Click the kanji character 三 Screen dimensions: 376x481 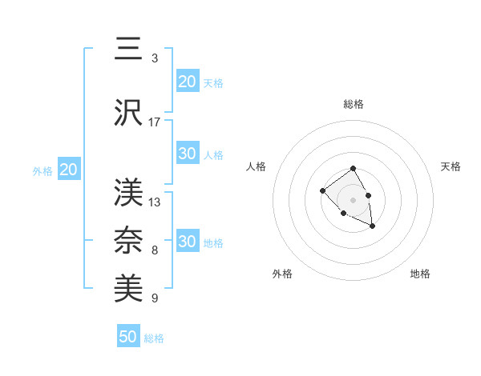coord(128,50)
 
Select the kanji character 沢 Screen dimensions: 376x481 coord(128,114)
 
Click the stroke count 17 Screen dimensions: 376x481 coord(155,122)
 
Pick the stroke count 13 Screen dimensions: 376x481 coord(155,202)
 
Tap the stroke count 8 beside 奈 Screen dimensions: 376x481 coord(155,250)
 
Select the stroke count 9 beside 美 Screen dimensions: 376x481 coord(155,298)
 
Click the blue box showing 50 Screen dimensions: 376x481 coord(128,337)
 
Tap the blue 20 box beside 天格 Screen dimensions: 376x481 coord(187,82)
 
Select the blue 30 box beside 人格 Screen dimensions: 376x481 coord(187,154)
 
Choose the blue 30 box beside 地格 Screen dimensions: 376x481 coord(187,242)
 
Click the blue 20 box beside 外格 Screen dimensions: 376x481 coord(69,170)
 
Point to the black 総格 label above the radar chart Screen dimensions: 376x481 coord(353,104)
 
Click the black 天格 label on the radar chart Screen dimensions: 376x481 coord(451,166)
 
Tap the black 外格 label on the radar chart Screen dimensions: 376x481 coord(282,274)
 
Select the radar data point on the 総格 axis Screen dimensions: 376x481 coord(353,169)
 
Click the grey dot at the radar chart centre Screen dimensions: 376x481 coord(353,199)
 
